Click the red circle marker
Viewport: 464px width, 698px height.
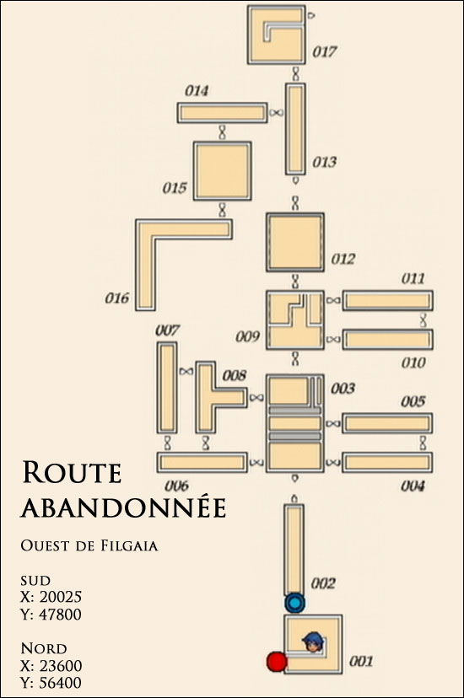tap(276, 661)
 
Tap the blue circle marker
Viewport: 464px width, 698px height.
tap(294, 604)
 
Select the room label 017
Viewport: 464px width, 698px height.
tap(324, 52)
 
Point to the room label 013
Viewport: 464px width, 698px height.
tap(324, 162)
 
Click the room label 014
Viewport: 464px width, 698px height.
tap(197, 91)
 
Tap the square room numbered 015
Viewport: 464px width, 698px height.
tap(222, 171)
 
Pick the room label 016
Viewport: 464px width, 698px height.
tap(117, 298)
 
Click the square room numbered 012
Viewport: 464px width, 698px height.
tap(294, 242)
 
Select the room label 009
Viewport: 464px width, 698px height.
tap(247, 336)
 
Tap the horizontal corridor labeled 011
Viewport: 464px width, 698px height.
tap(387, 300)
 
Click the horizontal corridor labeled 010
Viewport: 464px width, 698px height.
tap(387, 340)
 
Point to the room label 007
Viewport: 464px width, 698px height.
tap(167, 330)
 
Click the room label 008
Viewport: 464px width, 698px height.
tap(235, 375)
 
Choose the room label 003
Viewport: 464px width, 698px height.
tap(343, 389)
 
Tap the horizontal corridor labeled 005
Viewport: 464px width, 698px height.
tap(387, 423)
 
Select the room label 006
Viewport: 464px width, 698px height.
tap(177, 486)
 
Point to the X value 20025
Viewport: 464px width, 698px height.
tap(61, 597)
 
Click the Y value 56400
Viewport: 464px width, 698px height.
tap(61, 683)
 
